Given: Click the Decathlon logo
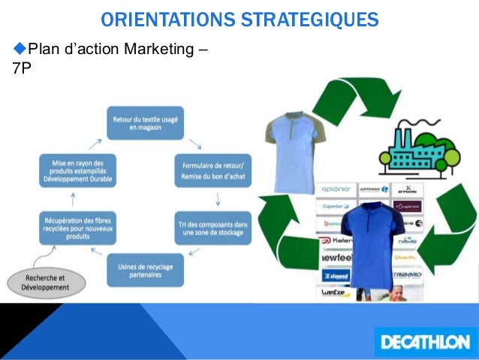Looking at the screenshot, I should pyautogui.click(x=424, y=341).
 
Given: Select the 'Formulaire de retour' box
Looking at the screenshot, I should pyautogui.click(x=213, y=171).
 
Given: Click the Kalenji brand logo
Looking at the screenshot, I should pyautogui.click(x=336, y=241).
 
